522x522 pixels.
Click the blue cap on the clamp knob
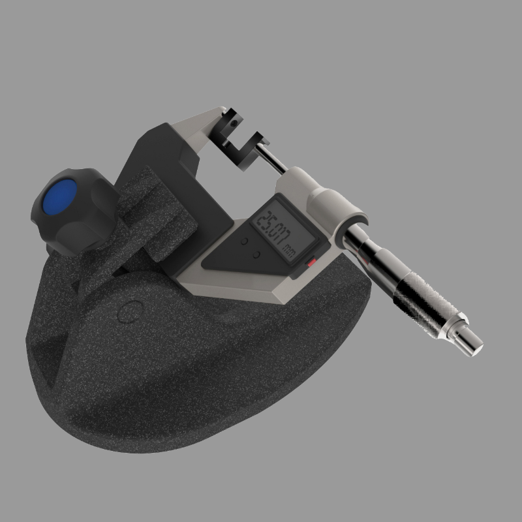[58, 196]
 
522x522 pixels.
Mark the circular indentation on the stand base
[130, 311]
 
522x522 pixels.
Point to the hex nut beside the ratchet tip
[457, 326]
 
